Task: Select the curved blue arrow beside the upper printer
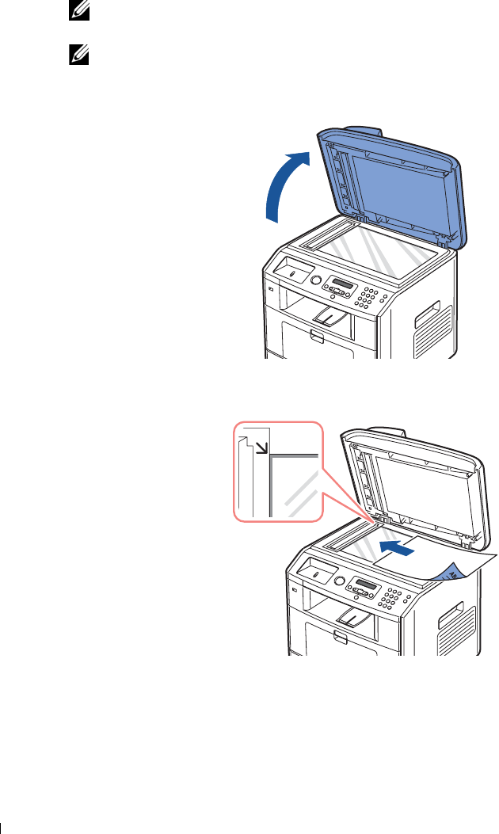(x=281, y=183)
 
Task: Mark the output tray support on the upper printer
(x=330, y=317)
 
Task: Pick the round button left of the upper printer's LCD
(x=316, y=280)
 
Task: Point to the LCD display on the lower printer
(x=371, y=583)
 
